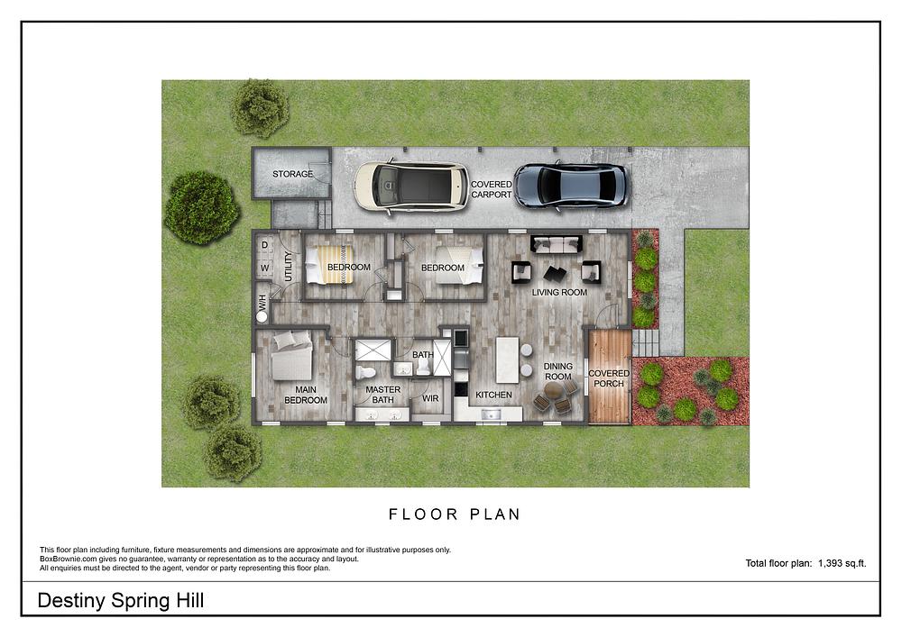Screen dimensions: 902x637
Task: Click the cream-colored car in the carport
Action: click(411, 186)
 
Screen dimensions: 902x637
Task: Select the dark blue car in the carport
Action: click(571, 186)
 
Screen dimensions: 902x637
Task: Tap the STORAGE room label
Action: click(292, 174)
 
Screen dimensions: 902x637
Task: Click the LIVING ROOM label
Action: click(559, 292)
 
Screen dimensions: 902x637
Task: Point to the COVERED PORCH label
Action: click(609, 378)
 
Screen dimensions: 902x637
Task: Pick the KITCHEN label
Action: click(493, 395)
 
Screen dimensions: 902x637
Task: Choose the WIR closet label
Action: click(430, 398)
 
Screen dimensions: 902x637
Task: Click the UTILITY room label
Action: click(289, 266)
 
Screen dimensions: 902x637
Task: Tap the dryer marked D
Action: click(264, 245)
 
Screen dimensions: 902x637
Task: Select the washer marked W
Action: click(264, 268)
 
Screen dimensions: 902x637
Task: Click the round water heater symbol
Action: click(262, 316)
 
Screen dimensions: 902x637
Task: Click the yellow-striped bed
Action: click(329, 264)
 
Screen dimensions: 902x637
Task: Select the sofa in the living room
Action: click(557, 244)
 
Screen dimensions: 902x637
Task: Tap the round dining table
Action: click(554, 391)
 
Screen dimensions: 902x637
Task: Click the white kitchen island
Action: click(507, 359)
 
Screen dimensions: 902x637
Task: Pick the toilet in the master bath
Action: click(364, 372)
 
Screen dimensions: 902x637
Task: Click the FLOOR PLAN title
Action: click(455, 514)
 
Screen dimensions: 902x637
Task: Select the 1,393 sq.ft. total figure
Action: click(842, 563)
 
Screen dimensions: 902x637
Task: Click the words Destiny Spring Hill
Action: click(121, 601)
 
